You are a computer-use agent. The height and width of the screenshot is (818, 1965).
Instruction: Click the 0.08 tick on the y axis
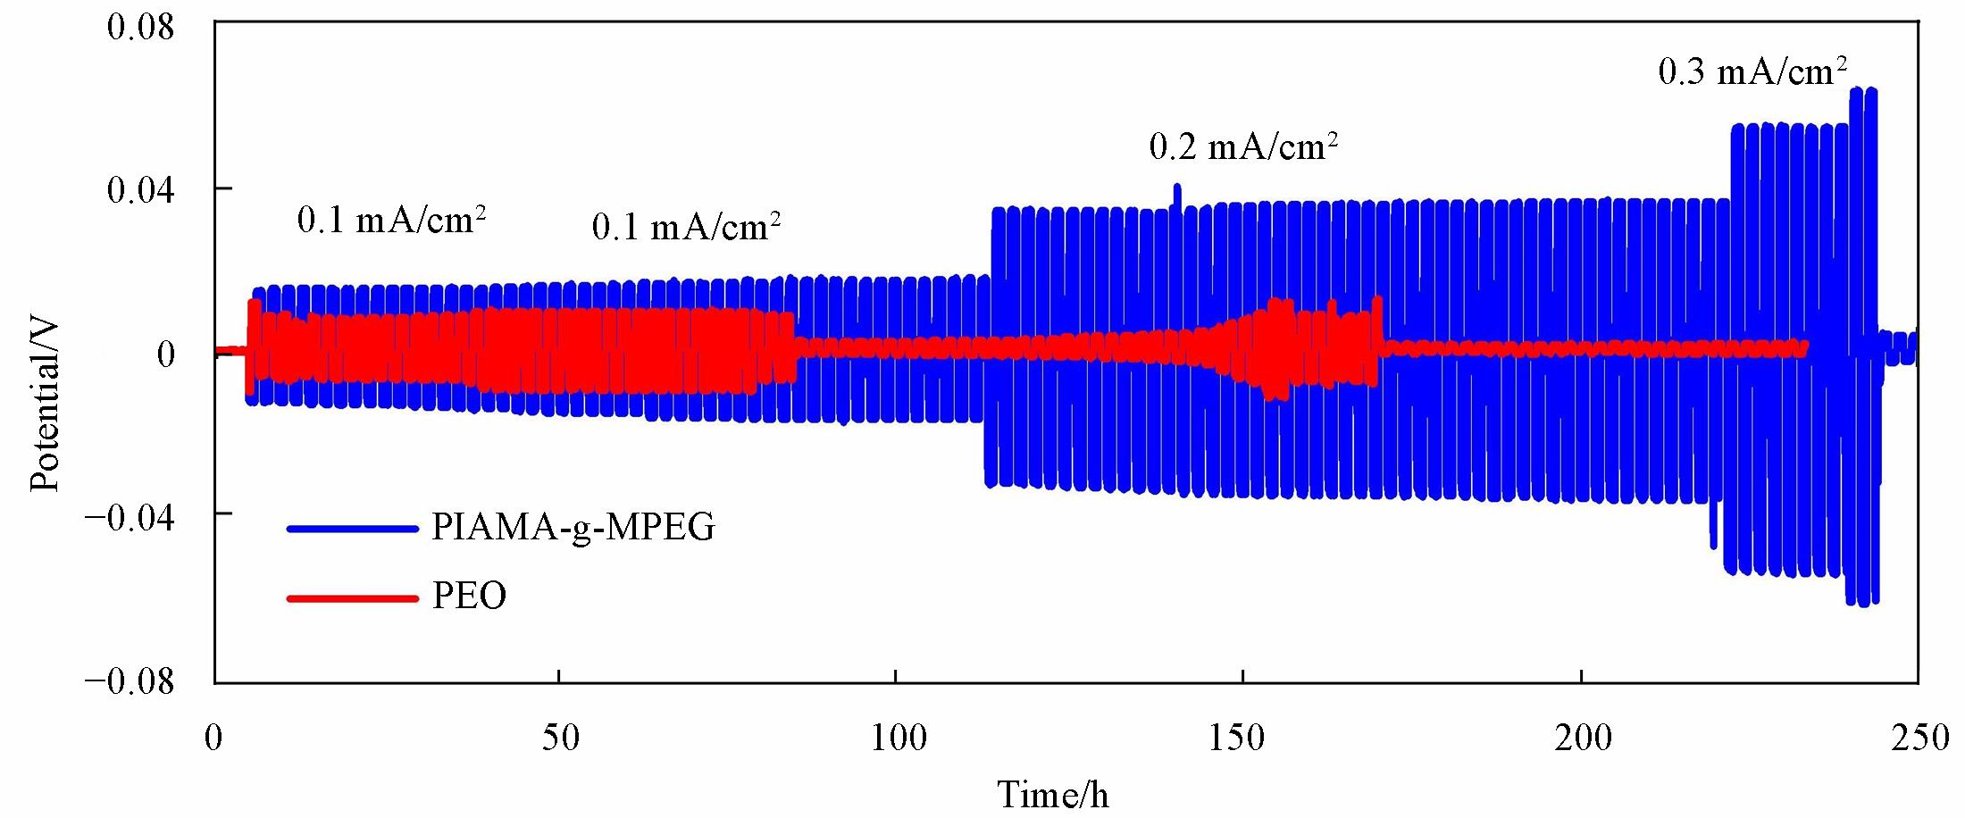click(x=140, y=27)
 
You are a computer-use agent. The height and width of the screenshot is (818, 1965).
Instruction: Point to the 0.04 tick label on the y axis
click(x=140, y=190)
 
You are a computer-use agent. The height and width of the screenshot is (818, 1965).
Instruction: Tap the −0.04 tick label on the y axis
click(x=130, y=518)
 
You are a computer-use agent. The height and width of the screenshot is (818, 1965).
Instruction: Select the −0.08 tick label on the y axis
click(x=130, y=681)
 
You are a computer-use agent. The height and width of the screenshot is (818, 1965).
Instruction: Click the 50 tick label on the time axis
click(x=559, y=739)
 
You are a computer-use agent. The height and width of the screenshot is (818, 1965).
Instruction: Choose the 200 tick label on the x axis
click(x=1582, y=739)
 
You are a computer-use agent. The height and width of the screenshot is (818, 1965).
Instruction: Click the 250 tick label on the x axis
click(x=1919, y=739)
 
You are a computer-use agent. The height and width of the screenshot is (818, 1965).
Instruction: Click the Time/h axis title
click(x=1053, y=794)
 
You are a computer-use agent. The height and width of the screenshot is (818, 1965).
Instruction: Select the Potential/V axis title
click(x=45, y=407)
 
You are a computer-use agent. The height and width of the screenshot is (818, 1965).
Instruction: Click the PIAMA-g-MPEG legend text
click(x=573, y=528)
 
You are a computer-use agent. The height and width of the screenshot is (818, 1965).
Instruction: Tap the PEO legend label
click(x=469, y=596)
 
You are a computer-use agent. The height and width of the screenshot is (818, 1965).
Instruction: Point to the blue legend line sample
click(x=353, y=529)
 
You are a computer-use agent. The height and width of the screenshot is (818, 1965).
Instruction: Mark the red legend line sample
click(x=353, y=597)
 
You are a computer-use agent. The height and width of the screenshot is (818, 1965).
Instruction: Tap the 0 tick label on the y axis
click(x=166, y=355)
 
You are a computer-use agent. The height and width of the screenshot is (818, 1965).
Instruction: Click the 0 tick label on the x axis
click(x=214, y=739)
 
